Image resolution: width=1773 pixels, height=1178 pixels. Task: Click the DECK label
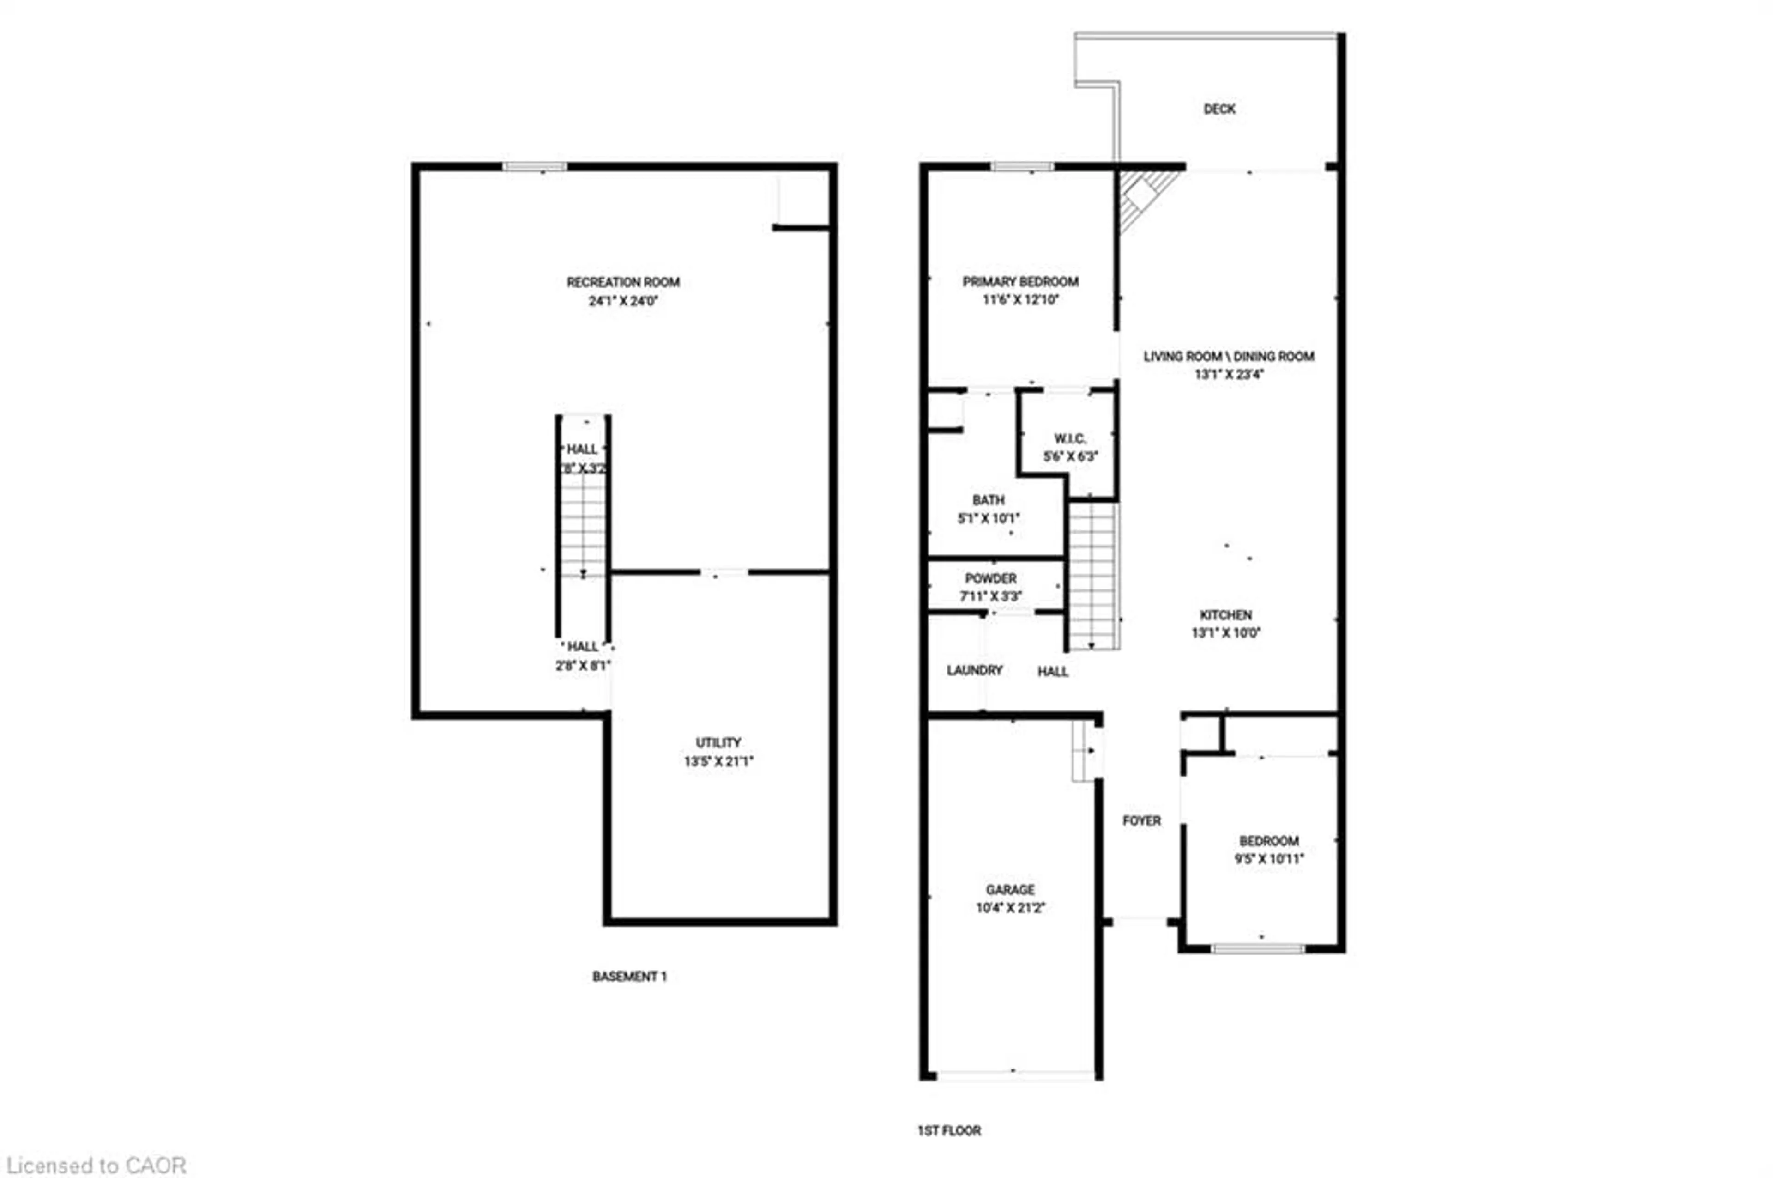[1219, 109]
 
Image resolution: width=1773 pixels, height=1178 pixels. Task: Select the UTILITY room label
[718, 742]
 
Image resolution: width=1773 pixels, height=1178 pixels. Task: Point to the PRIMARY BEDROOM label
[1020, 282]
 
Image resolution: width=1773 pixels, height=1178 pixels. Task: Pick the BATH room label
[988, 499]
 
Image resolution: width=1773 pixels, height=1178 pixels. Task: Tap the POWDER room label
[990, 578]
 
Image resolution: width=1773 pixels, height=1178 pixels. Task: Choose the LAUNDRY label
[974, 670]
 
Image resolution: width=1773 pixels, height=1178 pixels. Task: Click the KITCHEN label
[1225, 614]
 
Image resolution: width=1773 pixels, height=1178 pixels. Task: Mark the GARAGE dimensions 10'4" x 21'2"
[1010, 908]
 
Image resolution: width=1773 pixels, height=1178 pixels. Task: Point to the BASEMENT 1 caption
[628, 977]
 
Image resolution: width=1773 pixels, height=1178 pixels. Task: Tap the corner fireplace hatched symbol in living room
[1141, 198]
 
